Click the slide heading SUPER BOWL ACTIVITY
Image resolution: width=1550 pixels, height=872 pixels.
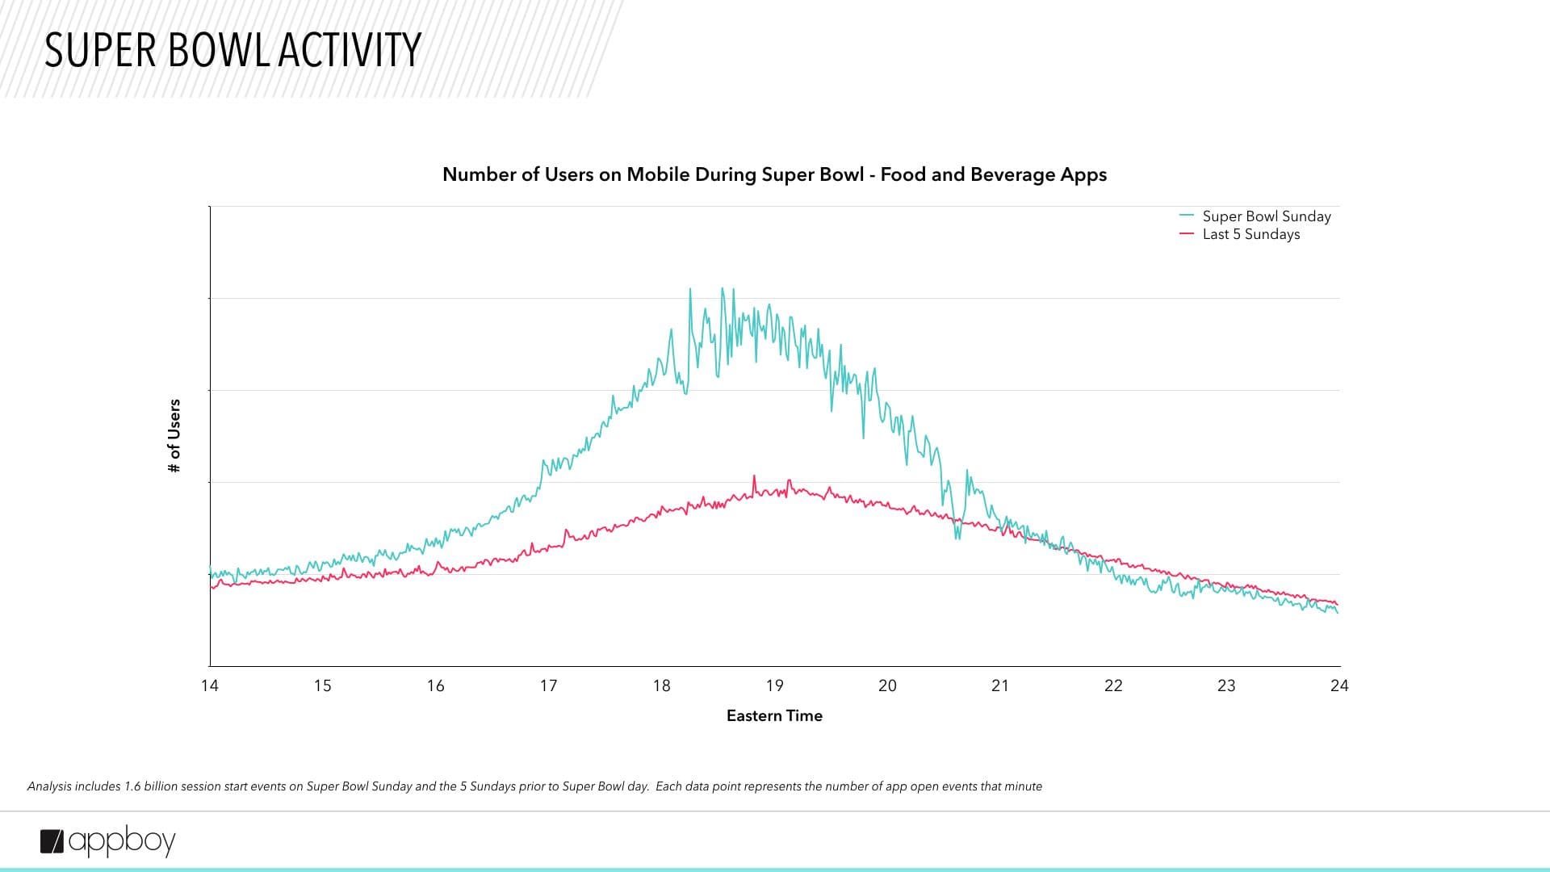[232, 50]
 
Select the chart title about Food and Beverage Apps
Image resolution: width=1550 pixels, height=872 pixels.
[774, 174]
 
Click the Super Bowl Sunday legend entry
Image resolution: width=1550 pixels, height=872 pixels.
[1266, 216]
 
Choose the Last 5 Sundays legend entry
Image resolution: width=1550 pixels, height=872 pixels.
[1250, 234]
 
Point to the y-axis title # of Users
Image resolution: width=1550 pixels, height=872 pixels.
[174, 436]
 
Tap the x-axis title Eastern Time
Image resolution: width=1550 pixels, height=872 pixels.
[774, 715]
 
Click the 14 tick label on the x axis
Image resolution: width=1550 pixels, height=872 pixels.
[210, 685]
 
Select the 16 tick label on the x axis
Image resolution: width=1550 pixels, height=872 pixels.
[436, 685]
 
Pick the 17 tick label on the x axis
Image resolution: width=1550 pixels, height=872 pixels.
[549, 685]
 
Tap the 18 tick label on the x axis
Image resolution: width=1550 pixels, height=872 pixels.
[662, 685]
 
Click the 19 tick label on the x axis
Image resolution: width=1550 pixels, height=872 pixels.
[775, 685]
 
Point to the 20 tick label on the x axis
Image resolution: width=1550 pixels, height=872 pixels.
[888, 685]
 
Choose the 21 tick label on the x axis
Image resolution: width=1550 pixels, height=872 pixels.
[1000, 685]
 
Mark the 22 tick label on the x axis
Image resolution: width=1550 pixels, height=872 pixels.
[1113, 685]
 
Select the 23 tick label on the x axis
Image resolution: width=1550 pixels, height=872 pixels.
[1226, 685]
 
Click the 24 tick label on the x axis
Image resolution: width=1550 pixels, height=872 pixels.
[1339, 685]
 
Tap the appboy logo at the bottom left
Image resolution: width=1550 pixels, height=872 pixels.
[108, 841]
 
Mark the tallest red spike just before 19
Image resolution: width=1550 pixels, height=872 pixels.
[755, 477]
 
